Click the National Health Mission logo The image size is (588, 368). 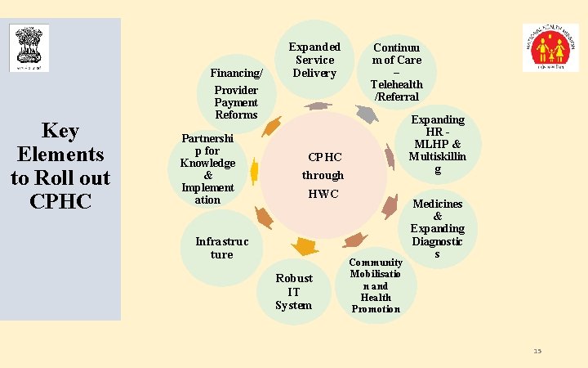[x=550, y=47]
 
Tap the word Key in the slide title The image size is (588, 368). [x=60, y=132]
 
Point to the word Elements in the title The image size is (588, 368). [x=60, y=155]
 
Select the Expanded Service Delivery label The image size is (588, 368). [x=314, y=60]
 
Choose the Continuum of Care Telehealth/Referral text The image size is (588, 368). [x=397, y=72]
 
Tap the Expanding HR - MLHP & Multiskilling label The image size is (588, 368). [x=438, y=144]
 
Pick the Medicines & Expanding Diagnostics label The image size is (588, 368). [x=438, y=229]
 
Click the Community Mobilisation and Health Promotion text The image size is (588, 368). [x=376, y=285]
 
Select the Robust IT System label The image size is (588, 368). [x=293, y=291]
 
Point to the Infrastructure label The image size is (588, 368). [x=221, y=248]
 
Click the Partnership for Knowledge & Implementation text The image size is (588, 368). [x=207, y=169]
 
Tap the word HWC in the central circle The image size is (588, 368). [x=323, y=195]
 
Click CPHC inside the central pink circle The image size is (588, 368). [x=324, y=157]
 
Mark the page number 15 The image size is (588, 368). [x=537, y=351]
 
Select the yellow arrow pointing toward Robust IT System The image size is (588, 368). [x=305, y=245]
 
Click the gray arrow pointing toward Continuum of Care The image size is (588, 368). [x=367, y=114]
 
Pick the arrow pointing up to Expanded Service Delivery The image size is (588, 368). [x=318, y=105]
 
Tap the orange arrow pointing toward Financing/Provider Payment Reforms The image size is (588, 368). [x=272, y=126]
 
